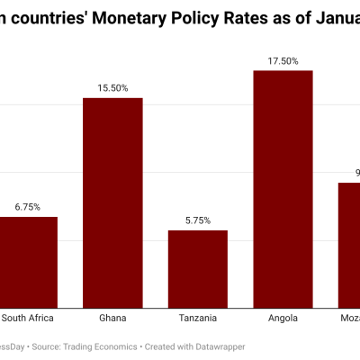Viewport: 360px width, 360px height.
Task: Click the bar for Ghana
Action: click(112, 202)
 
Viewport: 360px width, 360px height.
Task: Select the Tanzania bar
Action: click(198, 268)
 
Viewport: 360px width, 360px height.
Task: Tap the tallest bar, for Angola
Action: click(283, 189)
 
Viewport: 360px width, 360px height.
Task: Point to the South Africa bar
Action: click(28, 261)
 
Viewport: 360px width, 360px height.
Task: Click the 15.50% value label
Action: click(112, 88)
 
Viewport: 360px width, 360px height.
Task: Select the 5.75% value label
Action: click(198, 220)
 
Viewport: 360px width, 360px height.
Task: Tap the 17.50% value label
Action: click(283, 60)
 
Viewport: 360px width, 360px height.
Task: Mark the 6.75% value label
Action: click(28, 207)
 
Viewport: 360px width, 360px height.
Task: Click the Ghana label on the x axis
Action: click(112, 318)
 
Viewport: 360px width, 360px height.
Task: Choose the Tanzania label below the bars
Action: click(198, 318)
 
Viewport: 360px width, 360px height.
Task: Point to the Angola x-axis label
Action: click(283, 318)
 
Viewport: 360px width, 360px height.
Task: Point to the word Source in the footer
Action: click(52, 346)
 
